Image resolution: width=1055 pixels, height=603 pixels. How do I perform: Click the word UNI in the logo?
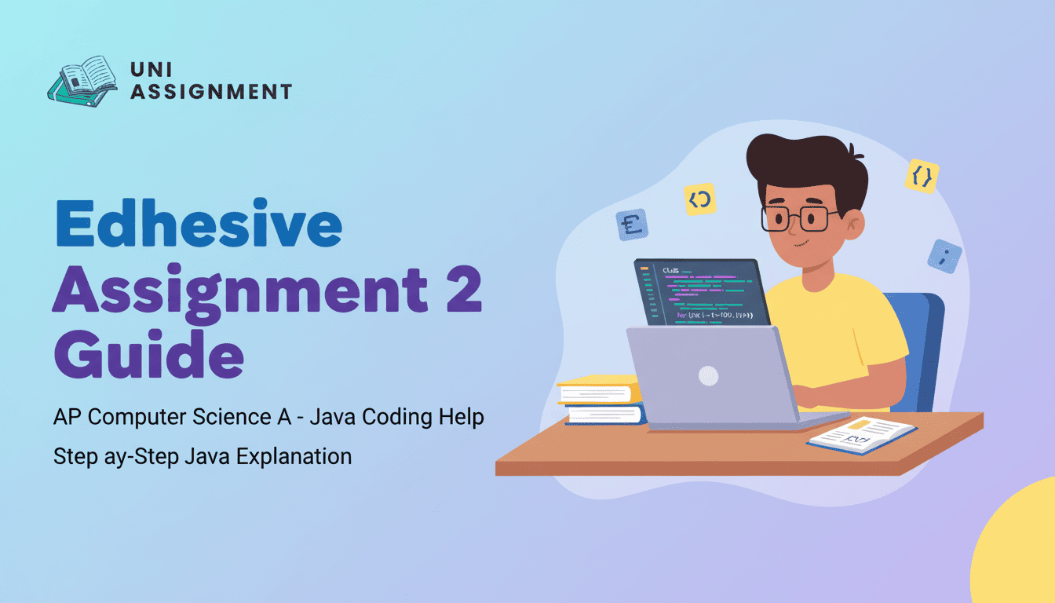148,69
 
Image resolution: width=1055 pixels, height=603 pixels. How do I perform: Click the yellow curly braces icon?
922,176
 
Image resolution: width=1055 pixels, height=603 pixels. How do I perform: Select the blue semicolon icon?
944,257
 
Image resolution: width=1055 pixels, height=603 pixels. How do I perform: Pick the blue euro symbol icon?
632,225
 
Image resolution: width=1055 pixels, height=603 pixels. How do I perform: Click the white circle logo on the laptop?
709,375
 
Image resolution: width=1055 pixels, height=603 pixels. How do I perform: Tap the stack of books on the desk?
601,400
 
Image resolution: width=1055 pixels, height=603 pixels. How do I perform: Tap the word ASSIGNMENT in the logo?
210,92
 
